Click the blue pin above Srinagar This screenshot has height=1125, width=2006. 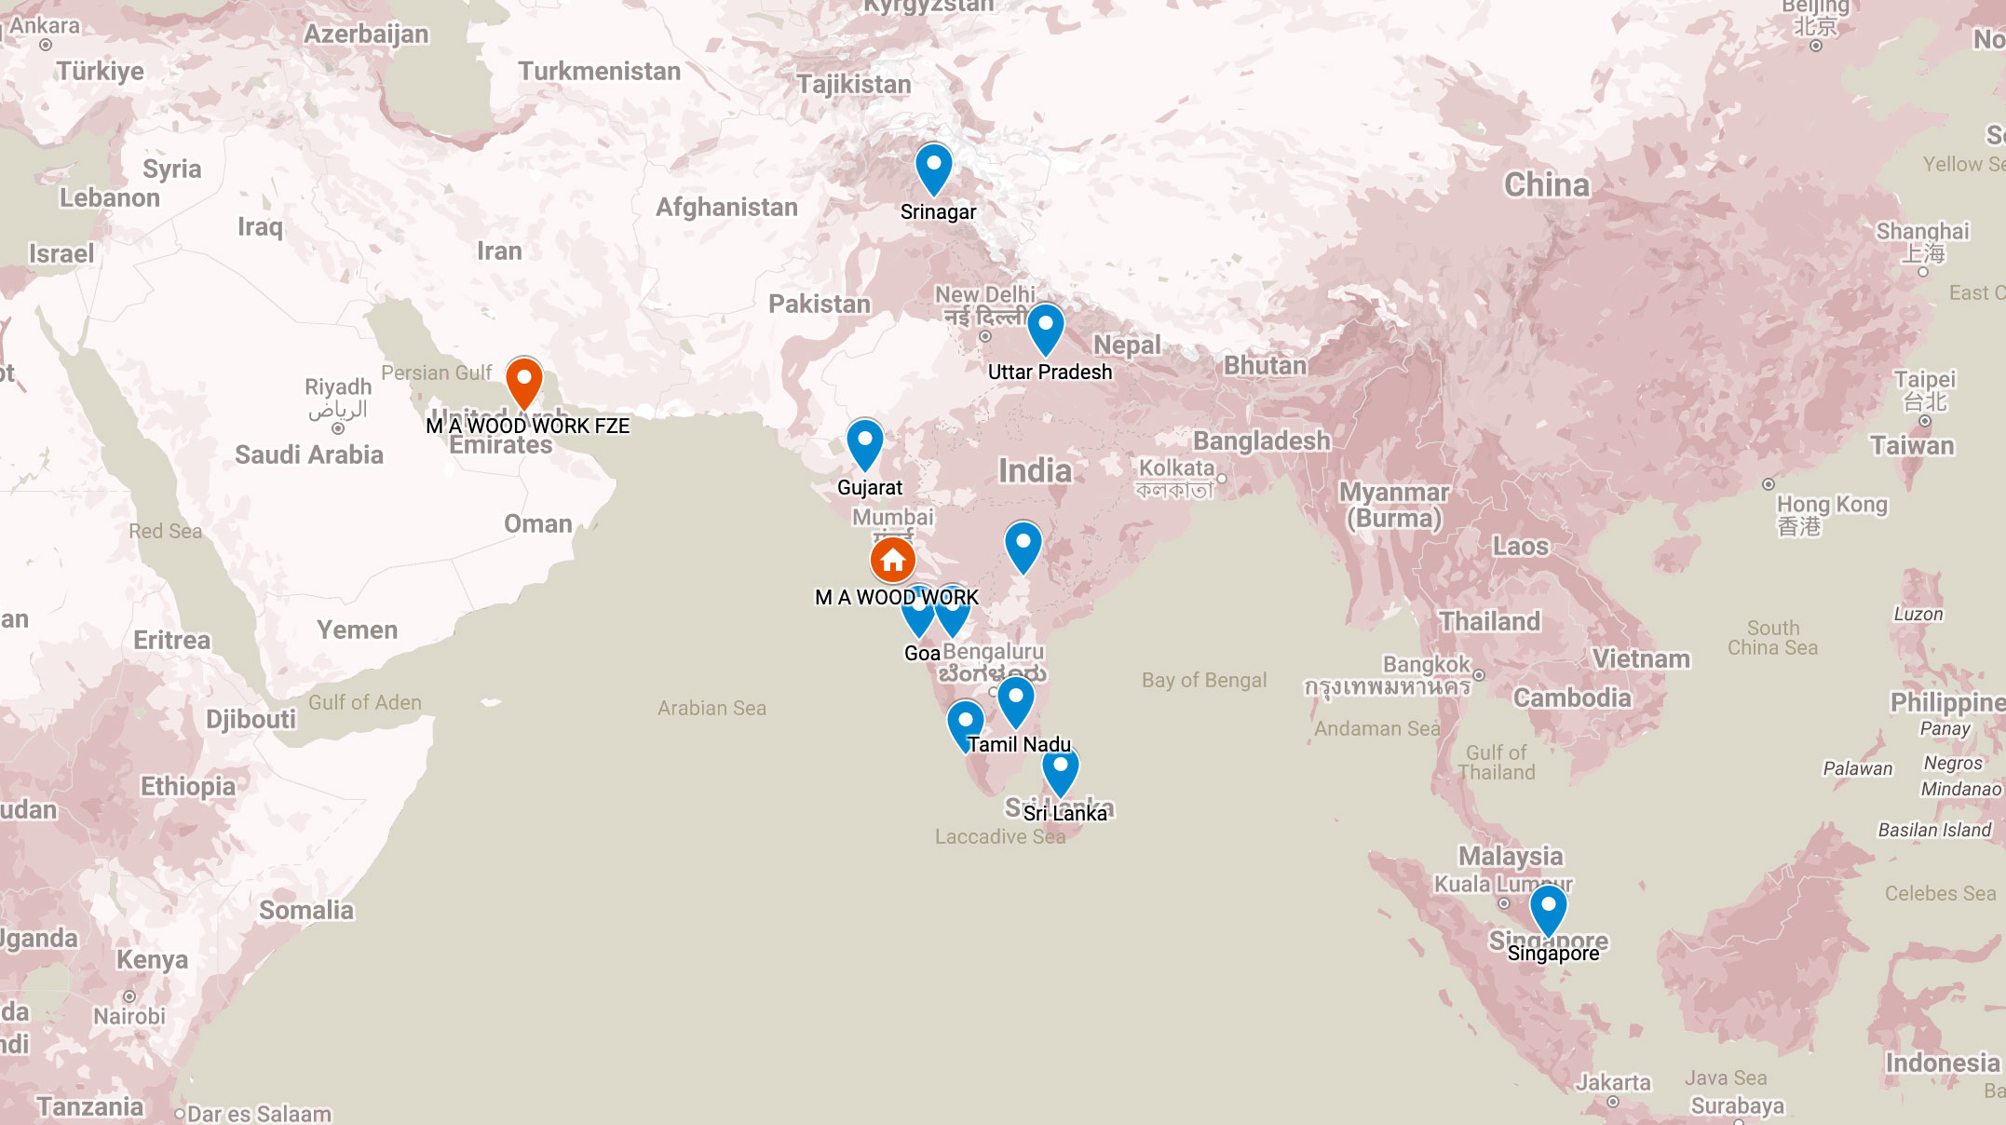(933, 168)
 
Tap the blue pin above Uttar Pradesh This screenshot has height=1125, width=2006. (1045, 328)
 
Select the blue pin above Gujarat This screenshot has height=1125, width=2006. (864, 443)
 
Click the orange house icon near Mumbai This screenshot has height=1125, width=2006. (892, 560)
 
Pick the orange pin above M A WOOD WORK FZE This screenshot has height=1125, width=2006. (524, 382)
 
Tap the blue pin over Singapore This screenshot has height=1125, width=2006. (1548, 909)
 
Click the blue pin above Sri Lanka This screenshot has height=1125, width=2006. (1060, 769)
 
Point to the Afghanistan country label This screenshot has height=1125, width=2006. (726, 207)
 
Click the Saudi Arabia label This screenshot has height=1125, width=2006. (308, 454)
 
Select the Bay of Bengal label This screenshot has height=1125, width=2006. (1203, 680)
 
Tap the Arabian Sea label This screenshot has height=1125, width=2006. (712, 708)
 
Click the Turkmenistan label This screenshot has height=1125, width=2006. (599, 72)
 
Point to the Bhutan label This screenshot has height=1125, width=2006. (1265, 365)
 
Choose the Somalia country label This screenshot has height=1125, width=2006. (305, 910)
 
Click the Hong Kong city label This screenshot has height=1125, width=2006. (1831, 505)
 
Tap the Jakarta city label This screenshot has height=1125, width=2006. (1613, 1082)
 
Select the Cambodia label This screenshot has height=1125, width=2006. (1572, 698)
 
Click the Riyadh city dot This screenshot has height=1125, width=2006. (338, 428)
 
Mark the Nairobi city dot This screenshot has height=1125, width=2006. (129, 996)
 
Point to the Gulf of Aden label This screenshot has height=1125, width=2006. (364, 702)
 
